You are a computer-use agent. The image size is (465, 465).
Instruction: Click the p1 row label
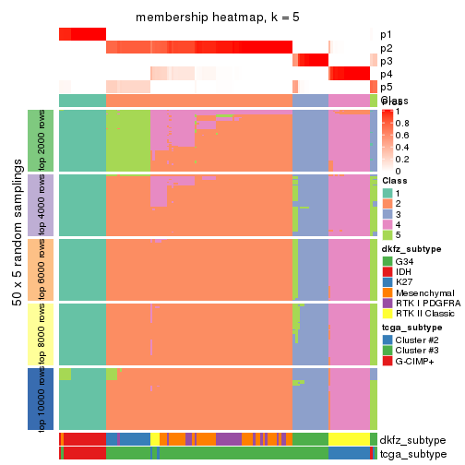coord(386,34)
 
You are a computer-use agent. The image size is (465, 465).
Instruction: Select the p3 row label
coord(386,61)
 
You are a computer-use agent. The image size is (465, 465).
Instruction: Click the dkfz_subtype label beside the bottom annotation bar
coord(411,439)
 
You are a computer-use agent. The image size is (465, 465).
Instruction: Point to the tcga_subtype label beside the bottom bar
coord(411,453)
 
